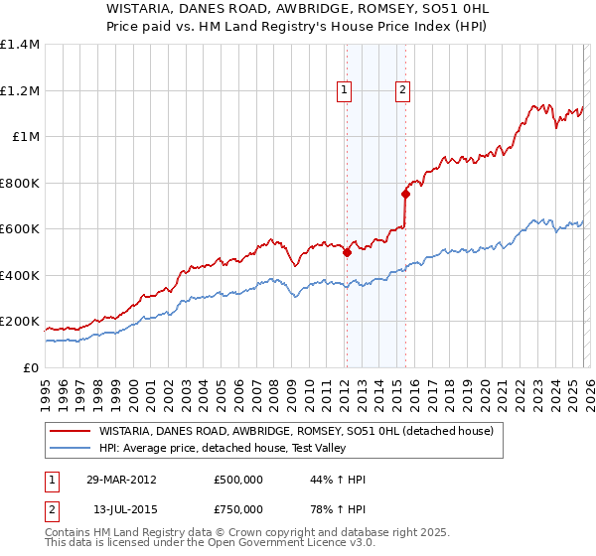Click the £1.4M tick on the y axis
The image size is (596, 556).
pos(20,45)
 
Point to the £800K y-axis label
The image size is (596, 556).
pos(20,183)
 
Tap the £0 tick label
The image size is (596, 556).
pos(31,367)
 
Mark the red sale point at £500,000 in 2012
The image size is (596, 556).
pos(347,252)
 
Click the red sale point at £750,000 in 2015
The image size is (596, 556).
pos(405,195)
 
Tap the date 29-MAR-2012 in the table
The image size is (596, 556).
pos(120,480)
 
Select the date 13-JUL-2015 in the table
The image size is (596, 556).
pos(120,509)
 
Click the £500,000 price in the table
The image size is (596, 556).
pos(237,480)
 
